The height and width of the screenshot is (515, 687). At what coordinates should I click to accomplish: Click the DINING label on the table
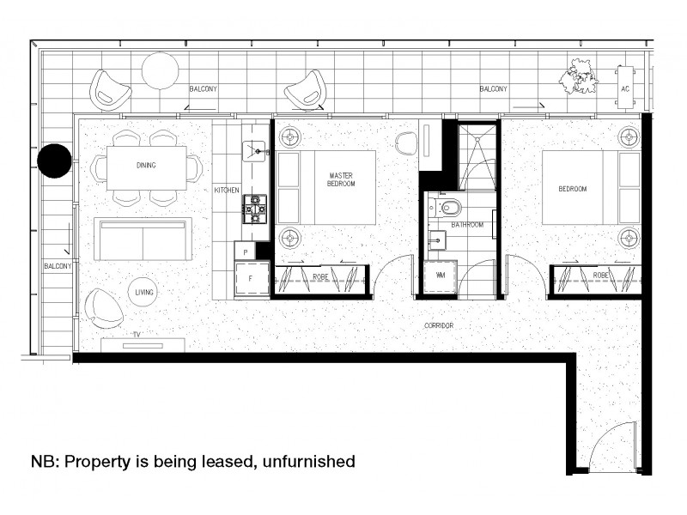click(x=146, y=166)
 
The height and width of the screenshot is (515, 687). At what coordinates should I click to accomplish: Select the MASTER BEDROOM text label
click(x=342, y=180)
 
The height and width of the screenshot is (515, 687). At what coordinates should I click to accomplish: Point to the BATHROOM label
click(x=468, y=225)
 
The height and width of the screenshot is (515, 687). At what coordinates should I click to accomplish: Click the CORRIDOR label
click(x=439, y=326)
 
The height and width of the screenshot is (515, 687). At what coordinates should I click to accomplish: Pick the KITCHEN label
click(x=227, y=190)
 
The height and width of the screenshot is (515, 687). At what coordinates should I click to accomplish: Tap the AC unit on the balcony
click(x=626, y=88)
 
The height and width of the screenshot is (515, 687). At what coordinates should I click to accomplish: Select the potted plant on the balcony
click(x=578, y=76)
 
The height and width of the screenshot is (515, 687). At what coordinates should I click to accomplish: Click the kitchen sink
click(x=255, y=151)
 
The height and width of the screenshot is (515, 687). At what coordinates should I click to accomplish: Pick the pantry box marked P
click(x=246, y=251)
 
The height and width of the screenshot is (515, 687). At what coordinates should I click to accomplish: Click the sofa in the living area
click(x=142, y=239)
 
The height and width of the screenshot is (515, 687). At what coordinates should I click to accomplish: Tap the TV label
click(x=136, y=334)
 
